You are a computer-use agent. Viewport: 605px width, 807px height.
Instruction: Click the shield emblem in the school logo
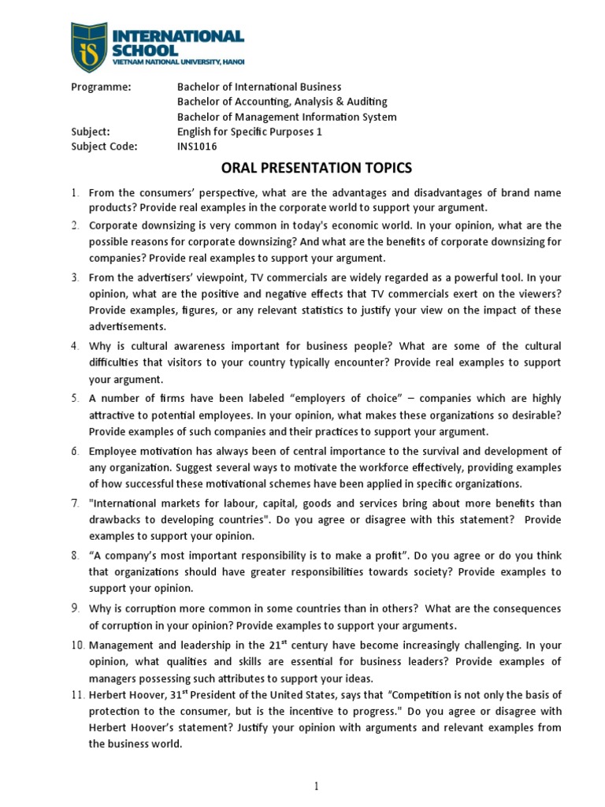88,46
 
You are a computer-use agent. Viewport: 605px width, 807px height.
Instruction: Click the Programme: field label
100,87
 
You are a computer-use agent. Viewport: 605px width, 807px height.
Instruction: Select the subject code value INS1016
197,147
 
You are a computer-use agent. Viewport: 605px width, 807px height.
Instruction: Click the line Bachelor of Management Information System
287,117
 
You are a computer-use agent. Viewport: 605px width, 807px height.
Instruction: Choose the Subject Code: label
104,147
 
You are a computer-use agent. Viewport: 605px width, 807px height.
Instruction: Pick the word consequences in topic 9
523,610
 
